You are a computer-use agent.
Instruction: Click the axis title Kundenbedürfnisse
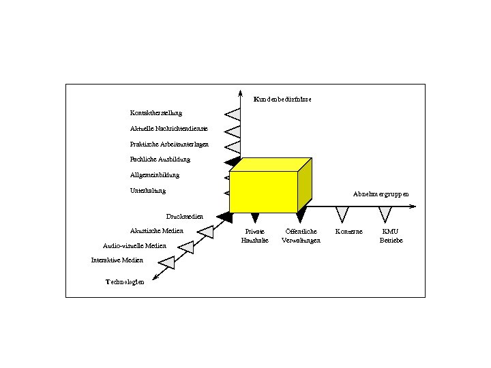tap(282, 99)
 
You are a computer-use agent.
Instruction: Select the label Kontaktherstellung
tap(156, 112)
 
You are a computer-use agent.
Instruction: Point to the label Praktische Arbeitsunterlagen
tap(170, 144)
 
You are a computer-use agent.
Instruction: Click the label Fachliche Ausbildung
tap(160, 159)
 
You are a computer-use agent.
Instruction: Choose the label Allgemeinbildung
tap(155, 175)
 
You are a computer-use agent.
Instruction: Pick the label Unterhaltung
tap(148, 191)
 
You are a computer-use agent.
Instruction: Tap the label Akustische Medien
tap(157, 231)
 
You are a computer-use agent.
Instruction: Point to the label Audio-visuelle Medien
tap(134, 245)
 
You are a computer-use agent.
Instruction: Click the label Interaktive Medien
tap(117, 260)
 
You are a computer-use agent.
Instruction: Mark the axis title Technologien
tap(125, 282)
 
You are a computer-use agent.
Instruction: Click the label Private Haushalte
tap(255, 236)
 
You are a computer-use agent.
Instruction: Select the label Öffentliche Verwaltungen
tap(301, 236)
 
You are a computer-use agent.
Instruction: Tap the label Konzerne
tap(349, 232)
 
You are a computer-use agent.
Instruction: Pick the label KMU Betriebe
tap(391, 236)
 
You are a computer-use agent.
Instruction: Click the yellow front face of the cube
tap(263, 191)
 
